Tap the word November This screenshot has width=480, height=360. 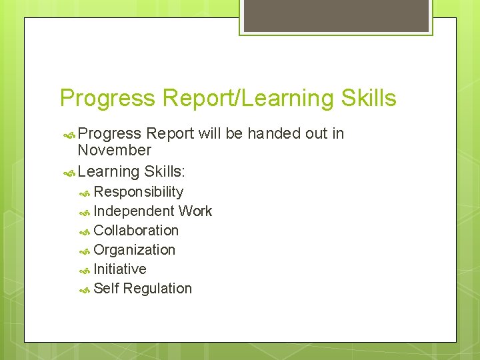[x=114, y=151]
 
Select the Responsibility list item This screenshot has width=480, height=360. [x=138, y=192]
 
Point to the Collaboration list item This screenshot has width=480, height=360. [x=136, y=231]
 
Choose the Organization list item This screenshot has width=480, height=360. [x=134, y=250]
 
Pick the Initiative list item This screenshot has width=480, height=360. [x=120, y=269]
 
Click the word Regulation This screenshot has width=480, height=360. [x=157, y=289]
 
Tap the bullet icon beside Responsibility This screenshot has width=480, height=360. [x=85, y=193]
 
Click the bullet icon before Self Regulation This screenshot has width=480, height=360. [x=85, y=290]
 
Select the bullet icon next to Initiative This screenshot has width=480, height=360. [x=85, y=271]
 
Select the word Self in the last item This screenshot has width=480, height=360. [x=106, y=289]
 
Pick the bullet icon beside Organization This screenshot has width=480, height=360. [x=85, y=251]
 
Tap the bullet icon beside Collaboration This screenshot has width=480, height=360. [x=85, y=232]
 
